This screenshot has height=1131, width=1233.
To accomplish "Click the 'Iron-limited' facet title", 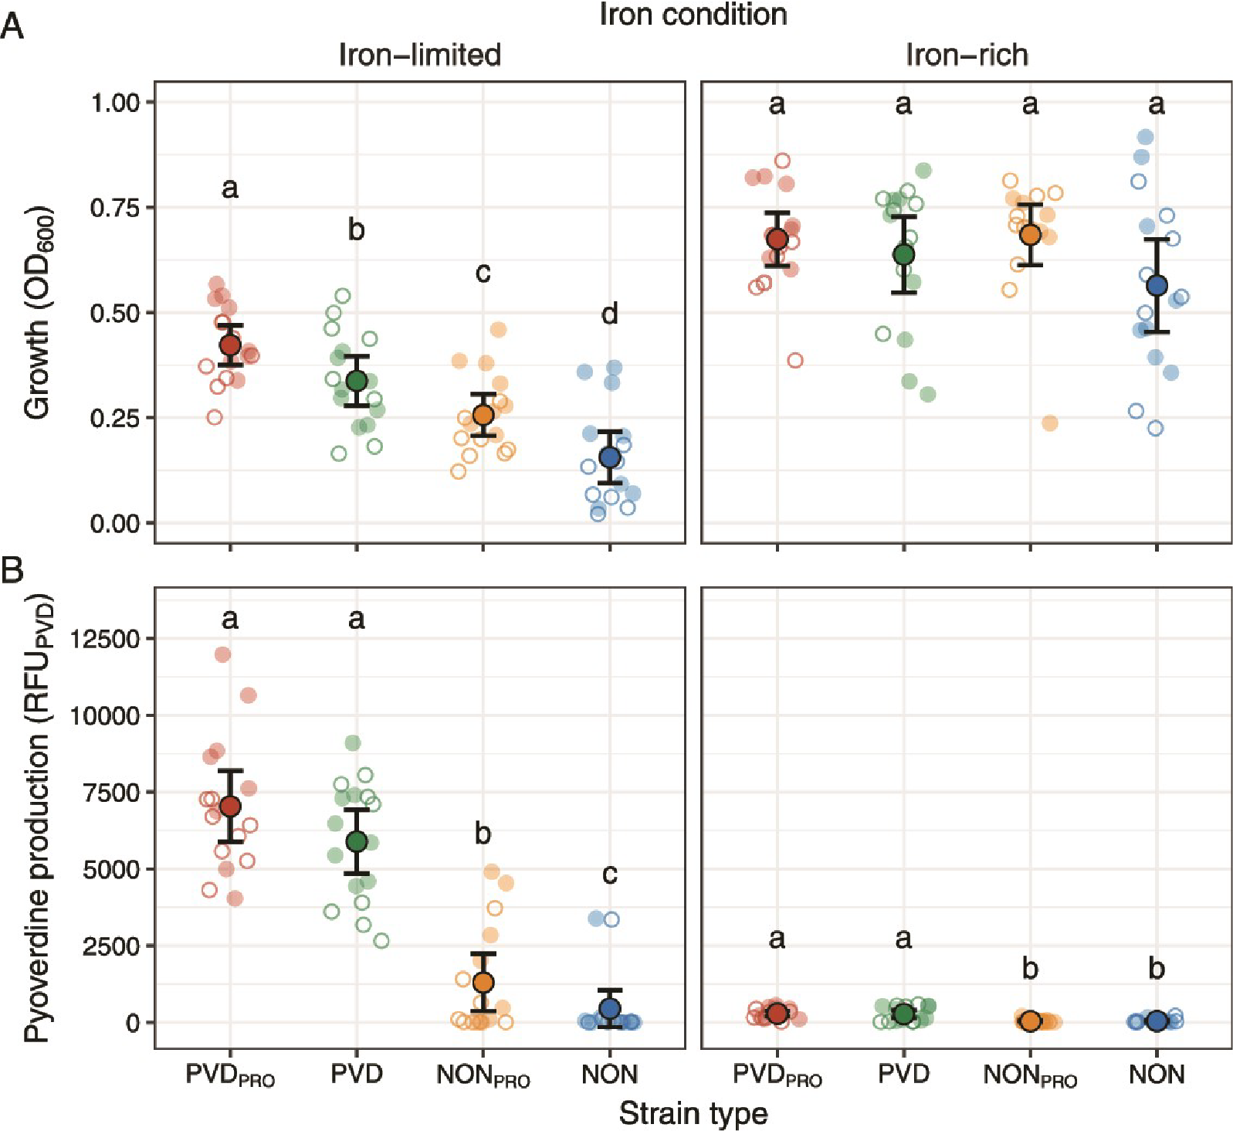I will pyautogui.click(x=419, y=55).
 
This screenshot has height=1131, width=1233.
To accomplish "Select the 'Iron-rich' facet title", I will pyautogui.click(x=967, y=55).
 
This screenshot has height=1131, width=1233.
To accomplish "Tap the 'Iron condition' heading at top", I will pyautogui.click(x=693, y=15).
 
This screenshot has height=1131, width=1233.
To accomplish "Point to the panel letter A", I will pyautogui.click(x=12, y=29).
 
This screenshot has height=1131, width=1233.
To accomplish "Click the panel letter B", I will pyautogui.click(x=12, y=570).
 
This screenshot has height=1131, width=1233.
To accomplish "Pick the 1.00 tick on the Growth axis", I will pyautogui.click(x=115, y=103).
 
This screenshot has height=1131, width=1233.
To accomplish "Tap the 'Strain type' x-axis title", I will pyautogui.click(x=693, y=1113).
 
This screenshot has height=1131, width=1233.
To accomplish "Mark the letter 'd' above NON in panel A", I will pyautogui.click(x=610, y=314).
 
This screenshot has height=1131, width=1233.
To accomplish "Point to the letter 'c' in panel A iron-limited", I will pyautogui.click(x=483, y=272).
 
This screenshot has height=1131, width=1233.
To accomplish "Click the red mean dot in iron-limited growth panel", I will pyautogui.click(x=230, y=345).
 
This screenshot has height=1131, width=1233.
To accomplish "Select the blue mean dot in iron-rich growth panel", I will pyautogui.click(x=1157, y=286).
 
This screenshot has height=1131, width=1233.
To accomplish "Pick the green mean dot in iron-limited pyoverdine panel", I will pyautogui.click(x=357, y=841).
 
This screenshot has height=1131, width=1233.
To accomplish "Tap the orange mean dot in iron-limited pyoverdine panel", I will pyautogui.click(x=483, y=983).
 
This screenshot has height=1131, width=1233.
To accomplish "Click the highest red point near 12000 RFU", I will pyautogui.click(x=223, y=654).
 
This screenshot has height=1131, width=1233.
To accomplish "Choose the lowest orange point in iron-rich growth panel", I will pyautogui.click(x=1050, y=423).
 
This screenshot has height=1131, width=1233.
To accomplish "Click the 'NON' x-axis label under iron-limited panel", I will pyautogui.click(x=610, y=1074).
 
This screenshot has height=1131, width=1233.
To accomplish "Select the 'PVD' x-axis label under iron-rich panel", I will pyautogui.click(x=903, y=1074).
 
